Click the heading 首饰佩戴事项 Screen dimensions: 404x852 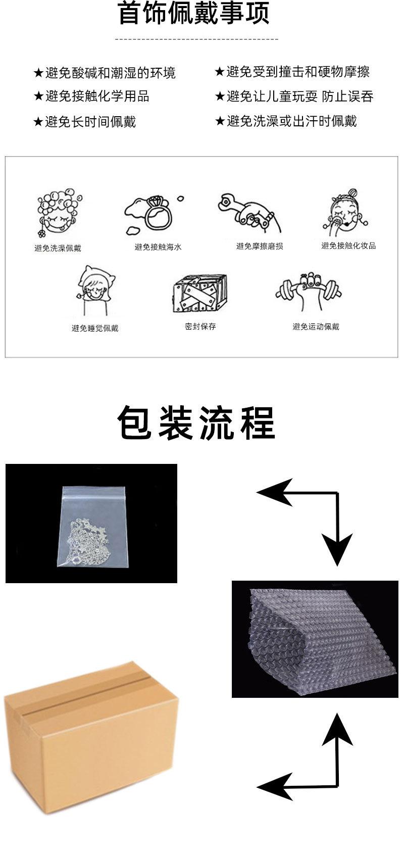(193, 14)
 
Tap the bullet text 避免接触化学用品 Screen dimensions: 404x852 (97, 96)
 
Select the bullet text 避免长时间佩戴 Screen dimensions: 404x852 (90, 121)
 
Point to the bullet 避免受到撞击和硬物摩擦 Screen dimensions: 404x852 (298, 72)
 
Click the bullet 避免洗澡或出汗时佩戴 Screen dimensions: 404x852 (291, 121)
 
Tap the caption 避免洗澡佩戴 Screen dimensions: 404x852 (58, 248)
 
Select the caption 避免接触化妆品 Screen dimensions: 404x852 (348, 246)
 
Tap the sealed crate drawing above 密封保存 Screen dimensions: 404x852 (199, 296)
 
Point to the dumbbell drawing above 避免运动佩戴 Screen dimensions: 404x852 (309, 292)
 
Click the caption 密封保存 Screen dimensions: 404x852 (200, 326)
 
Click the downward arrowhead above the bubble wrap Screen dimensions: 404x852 (337, 551)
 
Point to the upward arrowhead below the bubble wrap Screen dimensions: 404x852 (336, 728)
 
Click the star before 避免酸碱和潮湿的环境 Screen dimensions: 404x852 (38, 73)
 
